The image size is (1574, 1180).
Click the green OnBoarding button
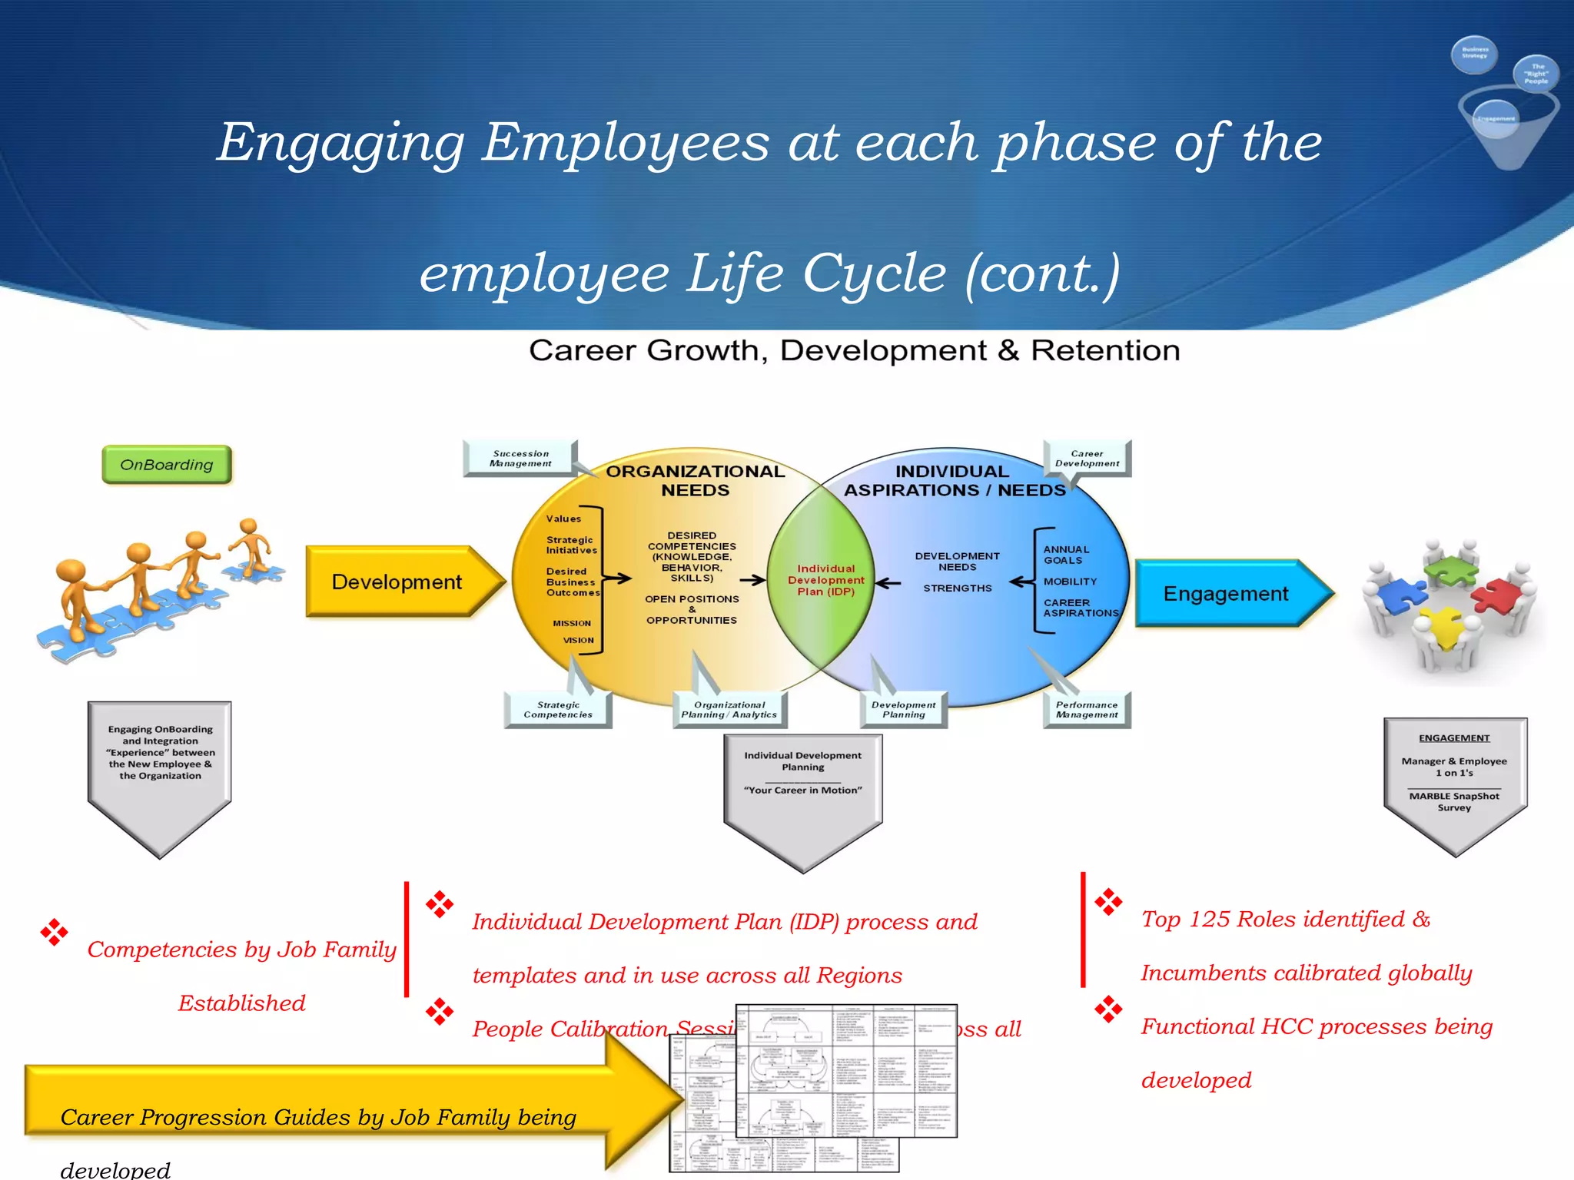(x=167, y=465)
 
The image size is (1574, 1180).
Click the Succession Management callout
(x=520, y=459)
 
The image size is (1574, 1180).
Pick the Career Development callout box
(x=1087, y=459)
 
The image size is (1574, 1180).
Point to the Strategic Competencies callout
(x=558, y=710)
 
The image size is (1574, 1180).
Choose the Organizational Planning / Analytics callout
(x=729, y=710)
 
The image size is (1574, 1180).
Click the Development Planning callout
(x=903, y=710)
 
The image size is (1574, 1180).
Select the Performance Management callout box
(x=1086, y=710)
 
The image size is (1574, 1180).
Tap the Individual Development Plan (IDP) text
(x=825, y=580)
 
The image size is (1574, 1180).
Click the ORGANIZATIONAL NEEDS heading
(x=695, y=481)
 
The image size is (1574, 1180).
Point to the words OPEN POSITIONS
(x=692, y=599)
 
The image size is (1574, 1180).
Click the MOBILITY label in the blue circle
(x=1070, y=582)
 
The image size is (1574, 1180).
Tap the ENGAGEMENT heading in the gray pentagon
(x=1454, y=738)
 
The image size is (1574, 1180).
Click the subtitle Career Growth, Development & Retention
(x=854, y=351)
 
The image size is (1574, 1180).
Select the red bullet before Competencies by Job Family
(x=55, y=933)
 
